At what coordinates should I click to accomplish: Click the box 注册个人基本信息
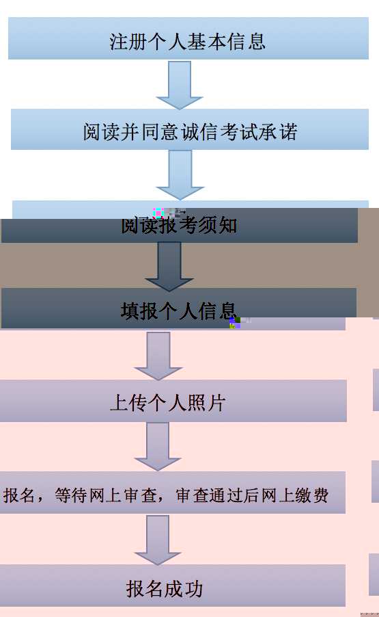(x=188, y=38)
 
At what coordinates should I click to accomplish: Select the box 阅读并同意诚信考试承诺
(x=189, y=129)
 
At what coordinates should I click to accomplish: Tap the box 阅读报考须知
(x=180, y=226)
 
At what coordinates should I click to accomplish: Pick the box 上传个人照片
(x=173, y=401)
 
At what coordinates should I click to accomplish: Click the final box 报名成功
(x=172, y=586)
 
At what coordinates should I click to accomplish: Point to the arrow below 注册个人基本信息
(x=180, y=85)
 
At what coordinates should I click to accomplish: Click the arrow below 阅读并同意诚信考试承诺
(x=180, y=175)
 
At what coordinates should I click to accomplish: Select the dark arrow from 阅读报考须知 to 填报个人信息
(x=169, y=266)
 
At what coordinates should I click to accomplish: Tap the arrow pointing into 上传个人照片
(x=158, y=356)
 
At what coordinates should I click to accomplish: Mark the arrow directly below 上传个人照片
(x=158, y=447)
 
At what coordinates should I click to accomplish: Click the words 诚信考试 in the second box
(x=220, y=132)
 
